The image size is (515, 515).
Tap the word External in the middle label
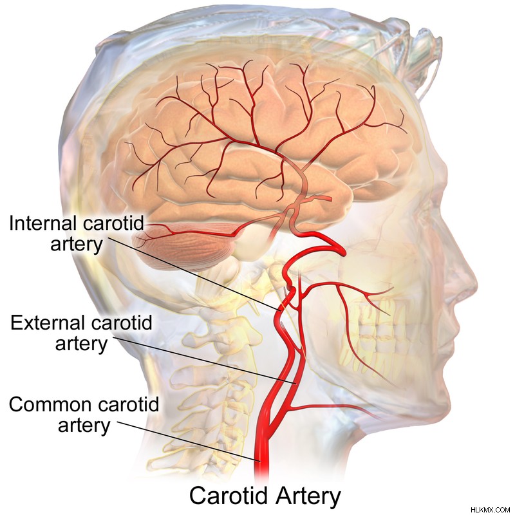45,323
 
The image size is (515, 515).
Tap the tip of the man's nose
476,283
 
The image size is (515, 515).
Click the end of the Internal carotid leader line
280,310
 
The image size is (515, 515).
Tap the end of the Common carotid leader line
260,461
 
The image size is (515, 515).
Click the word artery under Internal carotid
77,245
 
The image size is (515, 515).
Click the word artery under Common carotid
84,426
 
